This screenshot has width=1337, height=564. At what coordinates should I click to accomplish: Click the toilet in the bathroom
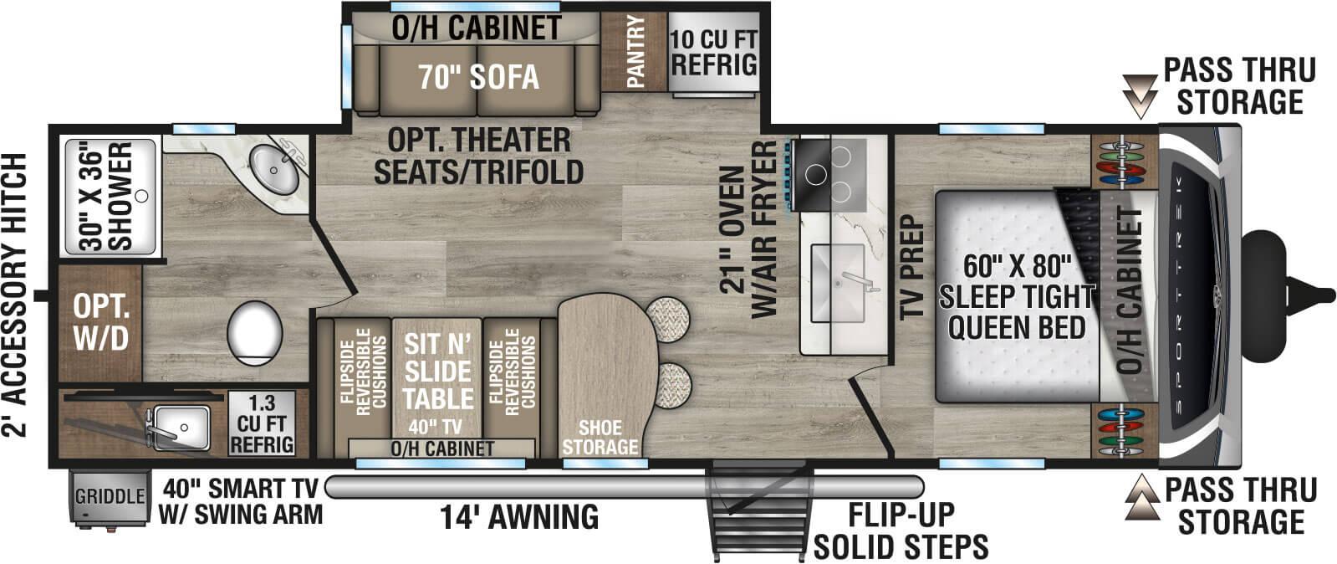[x=254, y=332]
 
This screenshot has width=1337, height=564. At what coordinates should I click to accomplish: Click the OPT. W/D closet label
[x=100, y=322]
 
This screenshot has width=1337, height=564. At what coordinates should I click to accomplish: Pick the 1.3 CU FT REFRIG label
[x=261, y=424]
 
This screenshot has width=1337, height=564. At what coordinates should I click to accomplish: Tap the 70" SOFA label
[x=478, y=77]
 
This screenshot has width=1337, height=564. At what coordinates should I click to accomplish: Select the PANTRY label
[x=634, y=52]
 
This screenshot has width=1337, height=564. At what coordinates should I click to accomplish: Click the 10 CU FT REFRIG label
[x=713, y=52]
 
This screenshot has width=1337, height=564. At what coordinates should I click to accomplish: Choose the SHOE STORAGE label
[x=600, y=438]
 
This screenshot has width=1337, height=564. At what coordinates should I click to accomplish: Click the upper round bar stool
[x=669, y=318]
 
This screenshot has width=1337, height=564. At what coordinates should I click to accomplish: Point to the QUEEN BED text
[x=1015, y=326]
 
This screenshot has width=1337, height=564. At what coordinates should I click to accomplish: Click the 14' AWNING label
[x=520, y=516]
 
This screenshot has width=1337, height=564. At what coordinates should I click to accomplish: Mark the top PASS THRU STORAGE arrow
[x=1138, y=95]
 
